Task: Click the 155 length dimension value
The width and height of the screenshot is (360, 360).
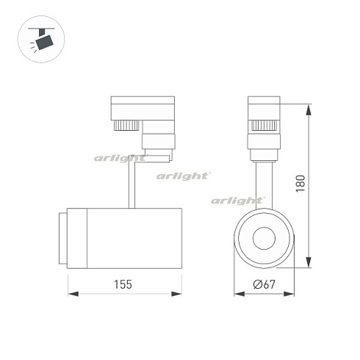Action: (123, 284)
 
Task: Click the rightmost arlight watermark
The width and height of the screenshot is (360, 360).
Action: (237, 200)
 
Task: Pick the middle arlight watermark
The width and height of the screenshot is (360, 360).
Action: (183, 175)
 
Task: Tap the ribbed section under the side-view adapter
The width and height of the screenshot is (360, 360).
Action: (127, 126)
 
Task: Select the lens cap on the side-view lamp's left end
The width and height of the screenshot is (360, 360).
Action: (64, 237)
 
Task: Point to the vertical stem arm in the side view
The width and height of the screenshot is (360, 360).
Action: (133, 184)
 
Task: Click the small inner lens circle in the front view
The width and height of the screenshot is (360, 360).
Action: (263, 239)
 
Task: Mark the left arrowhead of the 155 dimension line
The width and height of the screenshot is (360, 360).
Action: (72, 294)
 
